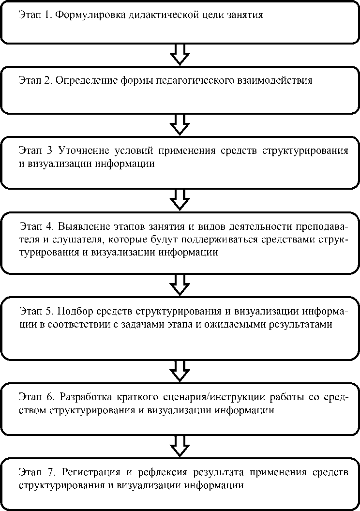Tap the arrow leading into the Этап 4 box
(180, 198)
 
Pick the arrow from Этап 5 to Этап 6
(180, 370)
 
